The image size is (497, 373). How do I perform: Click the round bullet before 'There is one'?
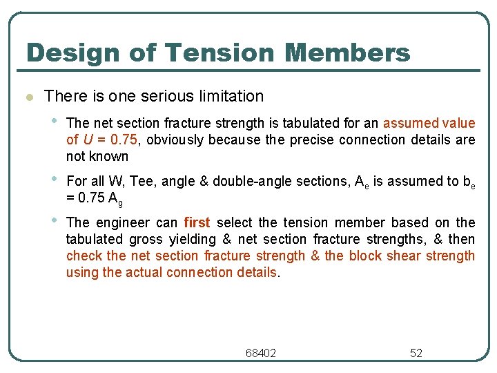pyautogui.click(x=28, y=97)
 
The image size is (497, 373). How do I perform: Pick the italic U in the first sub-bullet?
pyautogui.click(x=88, y=140)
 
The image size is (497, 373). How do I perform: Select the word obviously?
pyautogui.click(x=176, y=140)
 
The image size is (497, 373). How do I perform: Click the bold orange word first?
pyautogui.click(x=197, y=222)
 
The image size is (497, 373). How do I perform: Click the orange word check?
pyautogui.click(x=84, y=256)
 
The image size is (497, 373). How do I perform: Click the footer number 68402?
pyautogui.click(x=260, y=353)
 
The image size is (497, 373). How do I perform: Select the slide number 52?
pyautogui.click(x=416, y=353)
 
